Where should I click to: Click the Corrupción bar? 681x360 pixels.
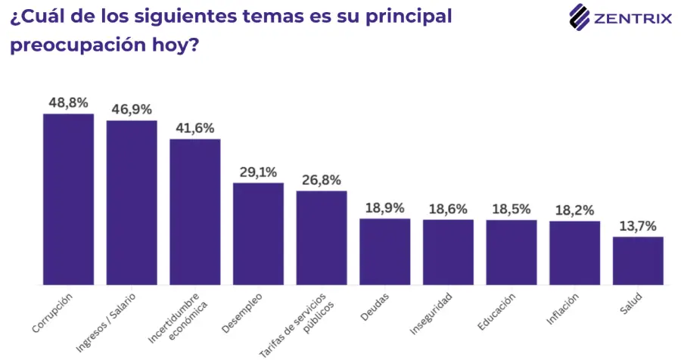[69, 200]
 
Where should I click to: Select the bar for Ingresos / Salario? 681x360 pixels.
[132, 203]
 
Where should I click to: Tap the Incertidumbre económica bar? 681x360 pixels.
[195, 212]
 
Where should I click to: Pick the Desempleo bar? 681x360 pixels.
[259, 234]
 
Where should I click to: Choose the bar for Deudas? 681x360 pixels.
[385, 252]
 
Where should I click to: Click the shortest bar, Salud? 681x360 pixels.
[638, 261]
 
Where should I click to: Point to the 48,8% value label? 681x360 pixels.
[69, 103]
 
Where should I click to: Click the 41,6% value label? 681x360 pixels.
[195, 128]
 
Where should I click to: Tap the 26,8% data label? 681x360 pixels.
[322, 180]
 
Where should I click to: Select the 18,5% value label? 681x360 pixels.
[512, 209]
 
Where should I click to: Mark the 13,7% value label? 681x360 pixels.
[638, 226]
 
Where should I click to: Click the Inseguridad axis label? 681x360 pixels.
[431, 314]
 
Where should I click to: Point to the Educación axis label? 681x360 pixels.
[496, 312]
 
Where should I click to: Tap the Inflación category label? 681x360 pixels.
[562, 309]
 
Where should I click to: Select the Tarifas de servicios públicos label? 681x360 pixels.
[297, 324]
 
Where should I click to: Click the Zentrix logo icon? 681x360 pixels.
[580, 17]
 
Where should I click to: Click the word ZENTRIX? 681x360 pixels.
[633, 19]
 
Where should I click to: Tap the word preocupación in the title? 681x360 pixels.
[77, 45]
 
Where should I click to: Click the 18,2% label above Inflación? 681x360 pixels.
[574, 210]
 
